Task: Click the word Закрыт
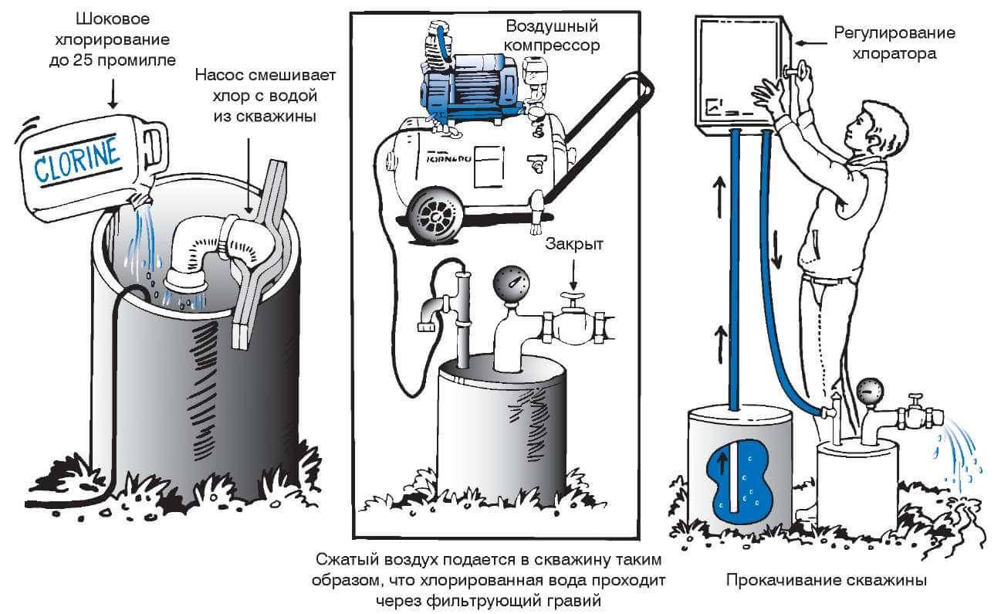click(573, 245)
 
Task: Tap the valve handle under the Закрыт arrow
click(572, 300)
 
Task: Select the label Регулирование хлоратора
click(894, 43)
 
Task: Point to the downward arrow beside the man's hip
click(776, 255)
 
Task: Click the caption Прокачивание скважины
click(825, 580)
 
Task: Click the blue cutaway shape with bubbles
click(737, 483)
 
